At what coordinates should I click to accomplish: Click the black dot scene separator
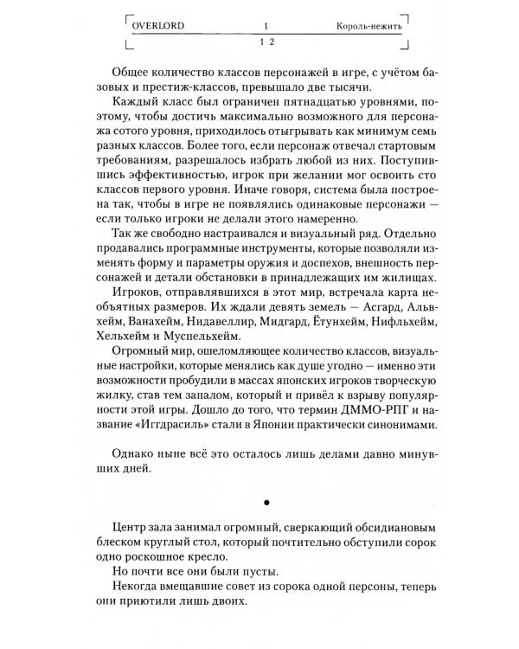(x=266, y=501)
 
